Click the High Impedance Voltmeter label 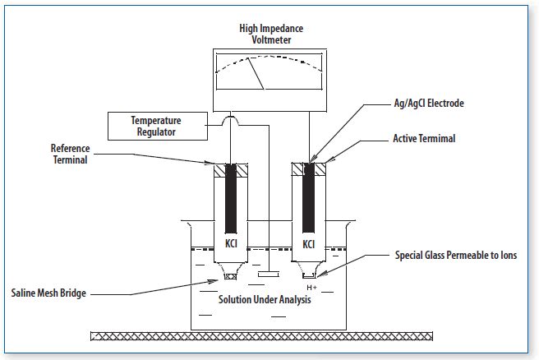pyautogui.click(x=271, y=34)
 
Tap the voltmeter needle pyautogui.click(x=256, y=74)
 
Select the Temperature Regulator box pyautogui.click(x=158, y=126)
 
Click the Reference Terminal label pyautogui.click(x=70, y=154)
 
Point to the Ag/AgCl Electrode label pyautogui.click(x=429, y=104)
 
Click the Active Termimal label pyautogui.click(x=424, y=139)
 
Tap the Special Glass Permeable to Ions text pyautogui.click(x=456, y=255)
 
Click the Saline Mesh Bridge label pyautogui.click(x=48, y=293)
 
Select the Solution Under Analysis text pyautogui.click(x=265, y=299)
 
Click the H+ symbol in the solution pyautogui.click(x=311, y=288)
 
